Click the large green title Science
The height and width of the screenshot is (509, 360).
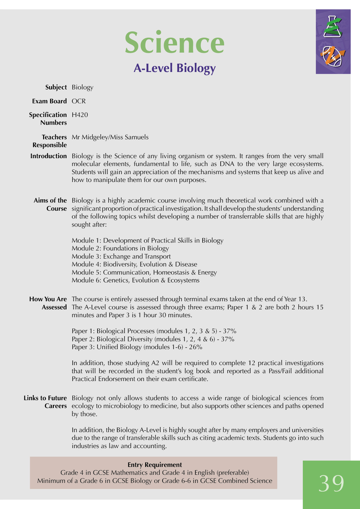174,43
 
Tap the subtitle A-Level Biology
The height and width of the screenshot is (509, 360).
174,68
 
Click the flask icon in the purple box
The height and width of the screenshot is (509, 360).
333,27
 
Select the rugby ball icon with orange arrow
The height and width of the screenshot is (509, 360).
333,56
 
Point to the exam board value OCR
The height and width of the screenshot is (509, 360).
79,101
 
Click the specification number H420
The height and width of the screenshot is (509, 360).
80,115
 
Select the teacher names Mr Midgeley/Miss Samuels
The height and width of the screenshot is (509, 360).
110,137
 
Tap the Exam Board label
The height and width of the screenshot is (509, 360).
49,101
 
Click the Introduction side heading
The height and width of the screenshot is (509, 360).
48,156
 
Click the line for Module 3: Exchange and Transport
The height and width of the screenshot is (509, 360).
121,257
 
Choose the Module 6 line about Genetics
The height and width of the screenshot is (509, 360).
136,280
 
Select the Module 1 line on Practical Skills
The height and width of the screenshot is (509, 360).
147,241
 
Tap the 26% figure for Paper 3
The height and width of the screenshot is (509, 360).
195,347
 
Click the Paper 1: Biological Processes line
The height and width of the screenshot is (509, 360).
154,331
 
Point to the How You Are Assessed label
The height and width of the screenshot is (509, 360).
48,303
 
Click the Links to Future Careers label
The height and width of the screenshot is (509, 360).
45,402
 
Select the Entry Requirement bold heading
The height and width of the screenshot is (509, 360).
155,465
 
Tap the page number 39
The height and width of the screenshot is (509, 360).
331,483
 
